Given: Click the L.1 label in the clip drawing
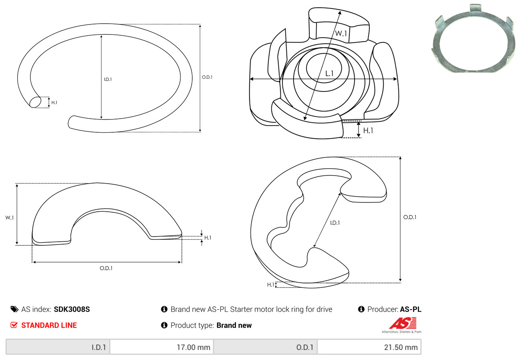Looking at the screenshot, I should pyautogui.click(x=329, y=73).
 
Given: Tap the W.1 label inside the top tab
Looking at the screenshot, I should pyautogui.click(x=341, y=34).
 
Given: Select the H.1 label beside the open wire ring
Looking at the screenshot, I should pyautogui.click(x=54, y=103).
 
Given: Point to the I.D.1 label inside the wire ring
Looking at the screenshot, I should pyautogui.click(x=108, y=79).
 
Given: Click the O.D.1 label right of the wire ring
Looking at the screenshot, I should pyautogui.click(x=207, y=77).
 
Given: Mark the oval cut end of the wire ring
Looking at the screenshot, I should pyautogui.click(x=35, y=102).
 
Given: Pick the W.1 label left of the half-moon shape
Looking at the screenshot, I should pyautogui.click(x=9, y=218).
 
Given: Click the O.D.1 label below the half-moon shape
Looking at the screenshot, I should pyautogui.click(x=106, y=268).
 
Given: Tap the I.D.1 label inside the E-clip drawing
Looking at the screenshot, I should pyautogui.click(x=335, y=223).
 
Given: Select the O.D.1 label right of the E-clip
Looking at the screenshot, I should pyautogui.click(x=410, y=217).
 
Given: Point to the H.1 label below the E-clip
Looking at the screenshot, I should pyautogui.click(x=271, y=285).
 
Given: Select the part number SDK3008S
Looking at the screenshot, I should pyautogui.click(x=72, y=309).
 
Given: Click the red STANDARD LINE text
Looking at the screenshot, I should pyautogui.click(x=49, y=326).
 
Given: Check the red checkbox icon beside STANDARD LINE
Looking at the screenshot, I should pyautogui.click(x=14, y=325).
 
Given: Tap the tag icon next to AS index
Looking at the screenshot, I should pyautogui.click(x=14, y=309).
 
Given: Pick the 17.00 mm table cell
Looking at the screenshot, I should pyautogui.click(x=161, y=347).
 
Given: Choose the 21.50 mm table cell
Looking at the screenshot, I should pyautogui.click(x=369, y=347).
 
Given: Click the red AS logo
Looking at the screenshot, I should pyautogui.click(x=402, y=323).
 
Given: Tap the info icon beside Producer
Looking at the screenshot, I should pyautogui.click(x=361, y=309).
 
